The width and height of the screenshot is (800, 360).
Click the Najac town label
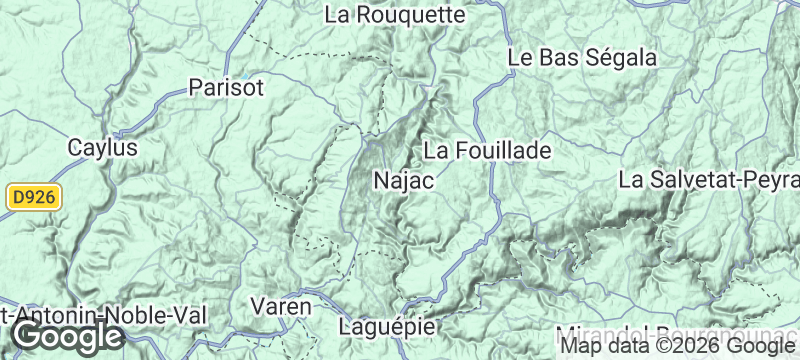(x=402, y=181)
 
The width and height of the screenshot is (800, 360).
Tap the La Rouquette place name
(x=397, y=15)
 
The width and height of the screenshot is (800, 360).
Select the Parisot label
(x=226, y=88)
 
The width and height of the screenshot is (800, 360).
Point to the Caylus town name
(x=103, y=147)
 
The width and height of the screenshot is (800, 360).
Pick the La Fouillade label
(x=488, y=151)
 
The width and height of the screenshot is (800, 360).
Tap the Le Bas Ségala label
(x=582, y=58)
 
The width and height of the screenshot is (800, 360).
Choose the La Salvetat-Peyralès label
(x=709, y=181)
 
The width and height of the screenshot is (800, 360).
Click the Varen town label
(x=280, y=306)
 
